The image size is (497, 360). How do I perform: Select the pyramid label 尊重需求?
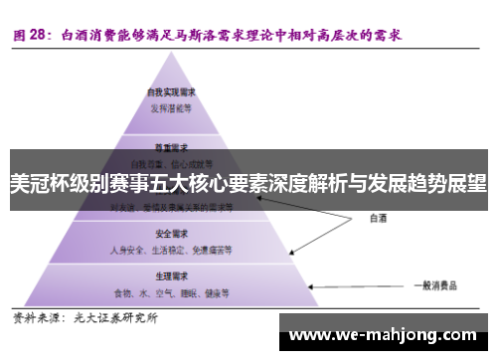point(166,143)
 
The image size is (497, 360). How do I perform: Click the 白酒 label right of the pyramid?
point(378,216)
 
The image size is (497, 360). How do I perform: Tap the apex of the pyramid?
point(167,58)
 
